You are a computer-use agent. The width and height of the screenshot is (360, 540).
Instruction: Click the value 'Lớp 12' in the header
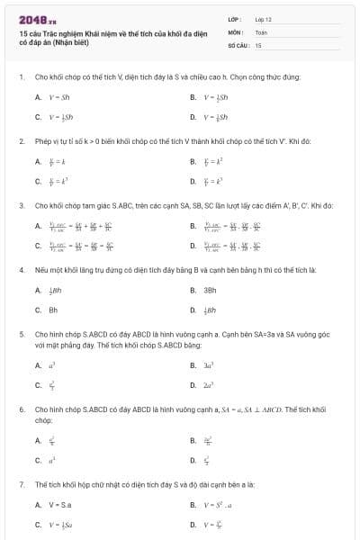pyautogui.click(x=264, y=18)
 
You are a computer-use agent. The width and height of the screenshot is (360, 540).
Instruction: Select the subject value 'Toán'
pyautogui.click(x=262, y=31)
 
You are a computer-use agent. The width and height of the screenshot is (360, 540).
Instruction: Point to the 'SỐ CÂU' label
pyautogui.click(x=238, y=44)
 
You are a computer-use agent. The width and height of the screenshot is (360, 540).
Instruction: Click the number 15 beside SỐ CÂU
pyautogui.click(x=258, y=44)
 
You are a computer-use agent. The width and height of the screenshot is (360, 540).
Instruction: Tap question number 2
pyautogui.click(x=22, y=141)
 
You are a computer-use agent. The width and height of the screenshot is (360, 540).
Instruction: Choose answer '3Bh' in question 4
pyautogui.click(x=210, y=290)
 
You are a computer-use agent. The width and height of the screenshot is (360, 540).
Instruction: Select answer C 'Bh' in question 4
pyautogui.click(x=52, y=310)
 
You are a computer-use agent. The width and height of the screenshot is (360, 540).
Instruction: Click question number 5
pyautogui.click(x=22, y=335)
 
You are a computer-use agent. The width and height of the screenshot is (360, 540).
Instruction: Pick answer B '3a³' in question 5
pyautogui.click(x=211, y=365)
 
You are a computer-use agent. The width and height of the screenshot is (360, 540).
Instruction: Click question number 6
pyautogui.click(x=22, y=409)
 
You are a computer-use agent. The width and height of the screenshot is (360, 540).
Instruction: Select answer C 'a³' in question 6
pyautogui.click(x=52, y=461)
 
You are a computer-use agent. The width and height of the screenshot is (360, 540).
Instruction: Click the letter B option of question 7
pyautogui.click(x=193, y=504)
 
